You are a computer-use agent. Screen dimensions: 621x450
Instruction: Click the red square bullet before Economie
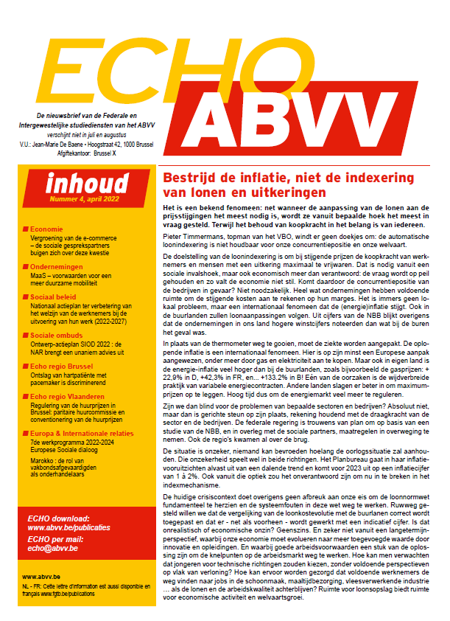click(26, 229)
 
